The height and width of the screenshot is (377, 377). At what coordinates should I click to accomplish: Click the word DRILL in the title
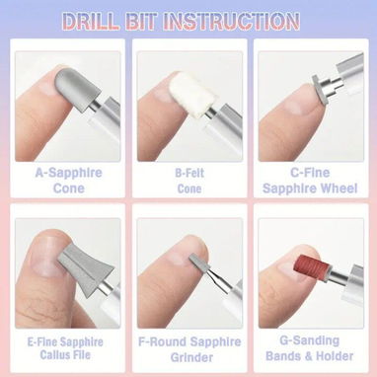click(91, 21)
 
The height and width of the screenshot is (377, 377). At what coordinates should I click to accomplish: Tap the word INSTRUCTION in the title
click(231, 21)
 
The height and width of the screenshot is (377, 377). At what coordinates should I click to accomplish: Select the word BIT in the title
click(141, 21)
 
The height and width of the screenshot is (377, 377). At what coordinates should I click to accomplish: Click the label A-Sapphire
click(69, 173)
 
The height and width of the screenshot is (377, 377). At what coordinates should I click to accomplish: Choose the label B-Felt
click(189, 173)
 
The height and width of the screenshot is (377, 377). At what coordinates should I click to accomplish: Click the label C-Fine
click(310, 173)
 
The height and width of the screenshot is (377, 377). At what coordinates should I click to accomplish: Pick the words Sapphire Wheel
click(310, 188)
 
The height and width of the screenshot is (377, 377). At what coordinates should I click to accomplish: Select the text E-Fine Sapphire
click(65, 342)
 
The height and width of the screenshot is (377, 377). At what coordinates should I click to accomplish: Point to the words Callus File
click(65, 355)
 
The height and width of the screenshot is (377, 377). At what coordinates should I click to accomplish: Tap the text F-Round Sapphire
click(189, 341)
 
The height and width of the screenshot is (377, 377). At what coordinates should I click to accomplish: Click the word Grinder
click(191, 357)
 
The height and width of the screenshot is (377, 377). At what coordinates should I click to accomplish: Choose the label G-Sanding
click(309, 340)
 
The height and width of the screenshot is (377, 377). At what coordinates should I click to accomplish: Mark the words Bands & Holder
click(309, 356)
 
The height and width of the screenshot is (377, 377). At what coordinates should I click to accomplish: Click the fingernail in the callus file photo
click(46, 257)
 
